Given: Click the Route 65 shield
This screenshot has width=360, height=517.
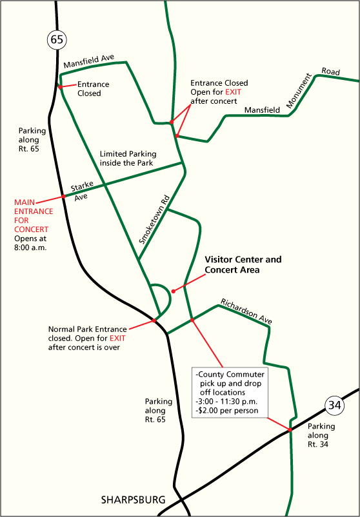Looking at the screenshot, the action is click(x=57, y=39).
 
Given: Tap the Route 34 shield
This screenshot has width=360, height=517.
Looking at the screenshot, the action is click(x=335, y=405).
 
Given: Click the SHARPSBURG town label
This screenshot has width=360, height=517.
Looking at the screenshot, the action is click(x=134, y=500).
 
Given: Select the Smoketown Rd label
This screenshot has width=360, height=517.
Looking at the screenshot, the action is click(x=154, y=220).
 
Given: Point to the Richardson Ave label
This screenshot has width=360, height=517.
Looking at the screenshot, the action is click(x=246, y=311).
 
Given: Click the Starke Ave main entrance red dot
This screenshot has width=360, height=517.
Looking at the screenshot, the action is click(x=63, y=197).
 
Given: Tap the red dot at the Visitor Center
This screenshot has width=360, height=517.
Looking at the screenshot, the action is click(x=174, y=291).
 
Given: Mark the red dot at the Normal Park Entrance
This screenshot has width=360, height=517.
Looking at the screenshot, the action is click(x=154, y=320).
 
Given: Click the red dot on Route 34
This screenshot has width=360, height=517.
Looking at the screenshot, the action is click(x=290, y=429).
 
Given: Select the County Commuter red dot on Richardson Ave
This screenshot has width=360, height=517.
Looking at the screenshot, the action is click(x=192, y=320).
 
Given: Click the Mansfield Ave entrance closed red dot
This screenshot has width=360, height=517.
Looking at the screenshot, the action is click(x=60, y=87).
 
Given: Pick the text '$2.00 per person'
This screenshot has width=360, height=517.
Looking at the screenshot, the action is click(x=227, y=411).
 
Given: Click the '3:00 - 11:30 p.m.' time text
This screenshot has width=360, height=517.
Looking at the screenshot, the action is click(x=226, y=402).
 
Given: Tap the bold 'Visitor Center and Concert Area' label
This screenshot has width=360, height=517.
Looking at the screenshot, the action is click(x=243, y=265).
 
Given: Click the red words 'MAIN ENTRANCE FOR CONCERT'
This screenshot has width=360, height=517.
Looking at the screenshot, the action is click(x=34, y=216).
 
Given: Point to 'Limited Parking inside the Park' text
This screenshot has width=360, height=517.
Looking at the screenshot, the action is click(x=128, y=159).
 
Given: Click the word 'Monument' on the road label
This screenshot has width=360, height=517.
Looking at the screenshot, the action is click(x=299, y=91).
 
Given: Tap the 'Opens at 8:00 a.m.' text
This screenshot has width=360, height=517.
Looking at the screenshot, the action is click(x=31, y=243).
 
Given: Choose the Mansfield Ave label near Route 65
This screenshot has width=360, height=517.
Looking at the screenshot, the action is click(x=89, y=61).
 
